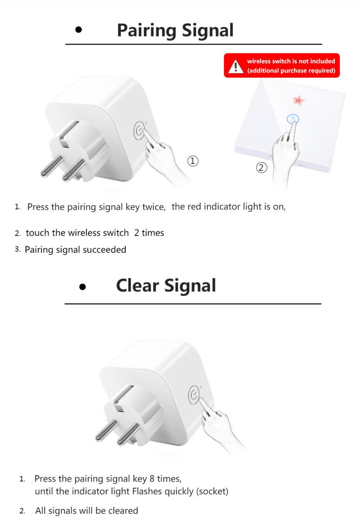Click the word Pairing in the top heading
click(147, 31)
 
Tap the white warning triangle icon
click(235, 67)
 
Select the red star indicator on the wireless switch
click(297, 99)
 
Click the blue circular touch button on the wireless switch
click(292, 119)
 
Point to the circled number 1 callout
click(193, 161)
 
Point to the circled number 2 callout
click(261, 168)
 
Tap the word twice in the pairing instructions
click(154, 207)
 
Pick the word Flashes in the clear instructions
click(147, 491)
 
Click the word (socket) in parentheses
click(212, 491)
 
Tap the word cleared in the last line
click(122, 511)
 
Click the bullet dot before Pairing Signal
click(79, 31)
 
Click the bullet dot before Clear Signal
click(82, 286)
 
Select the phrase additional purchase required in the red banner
click(292, 71)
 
